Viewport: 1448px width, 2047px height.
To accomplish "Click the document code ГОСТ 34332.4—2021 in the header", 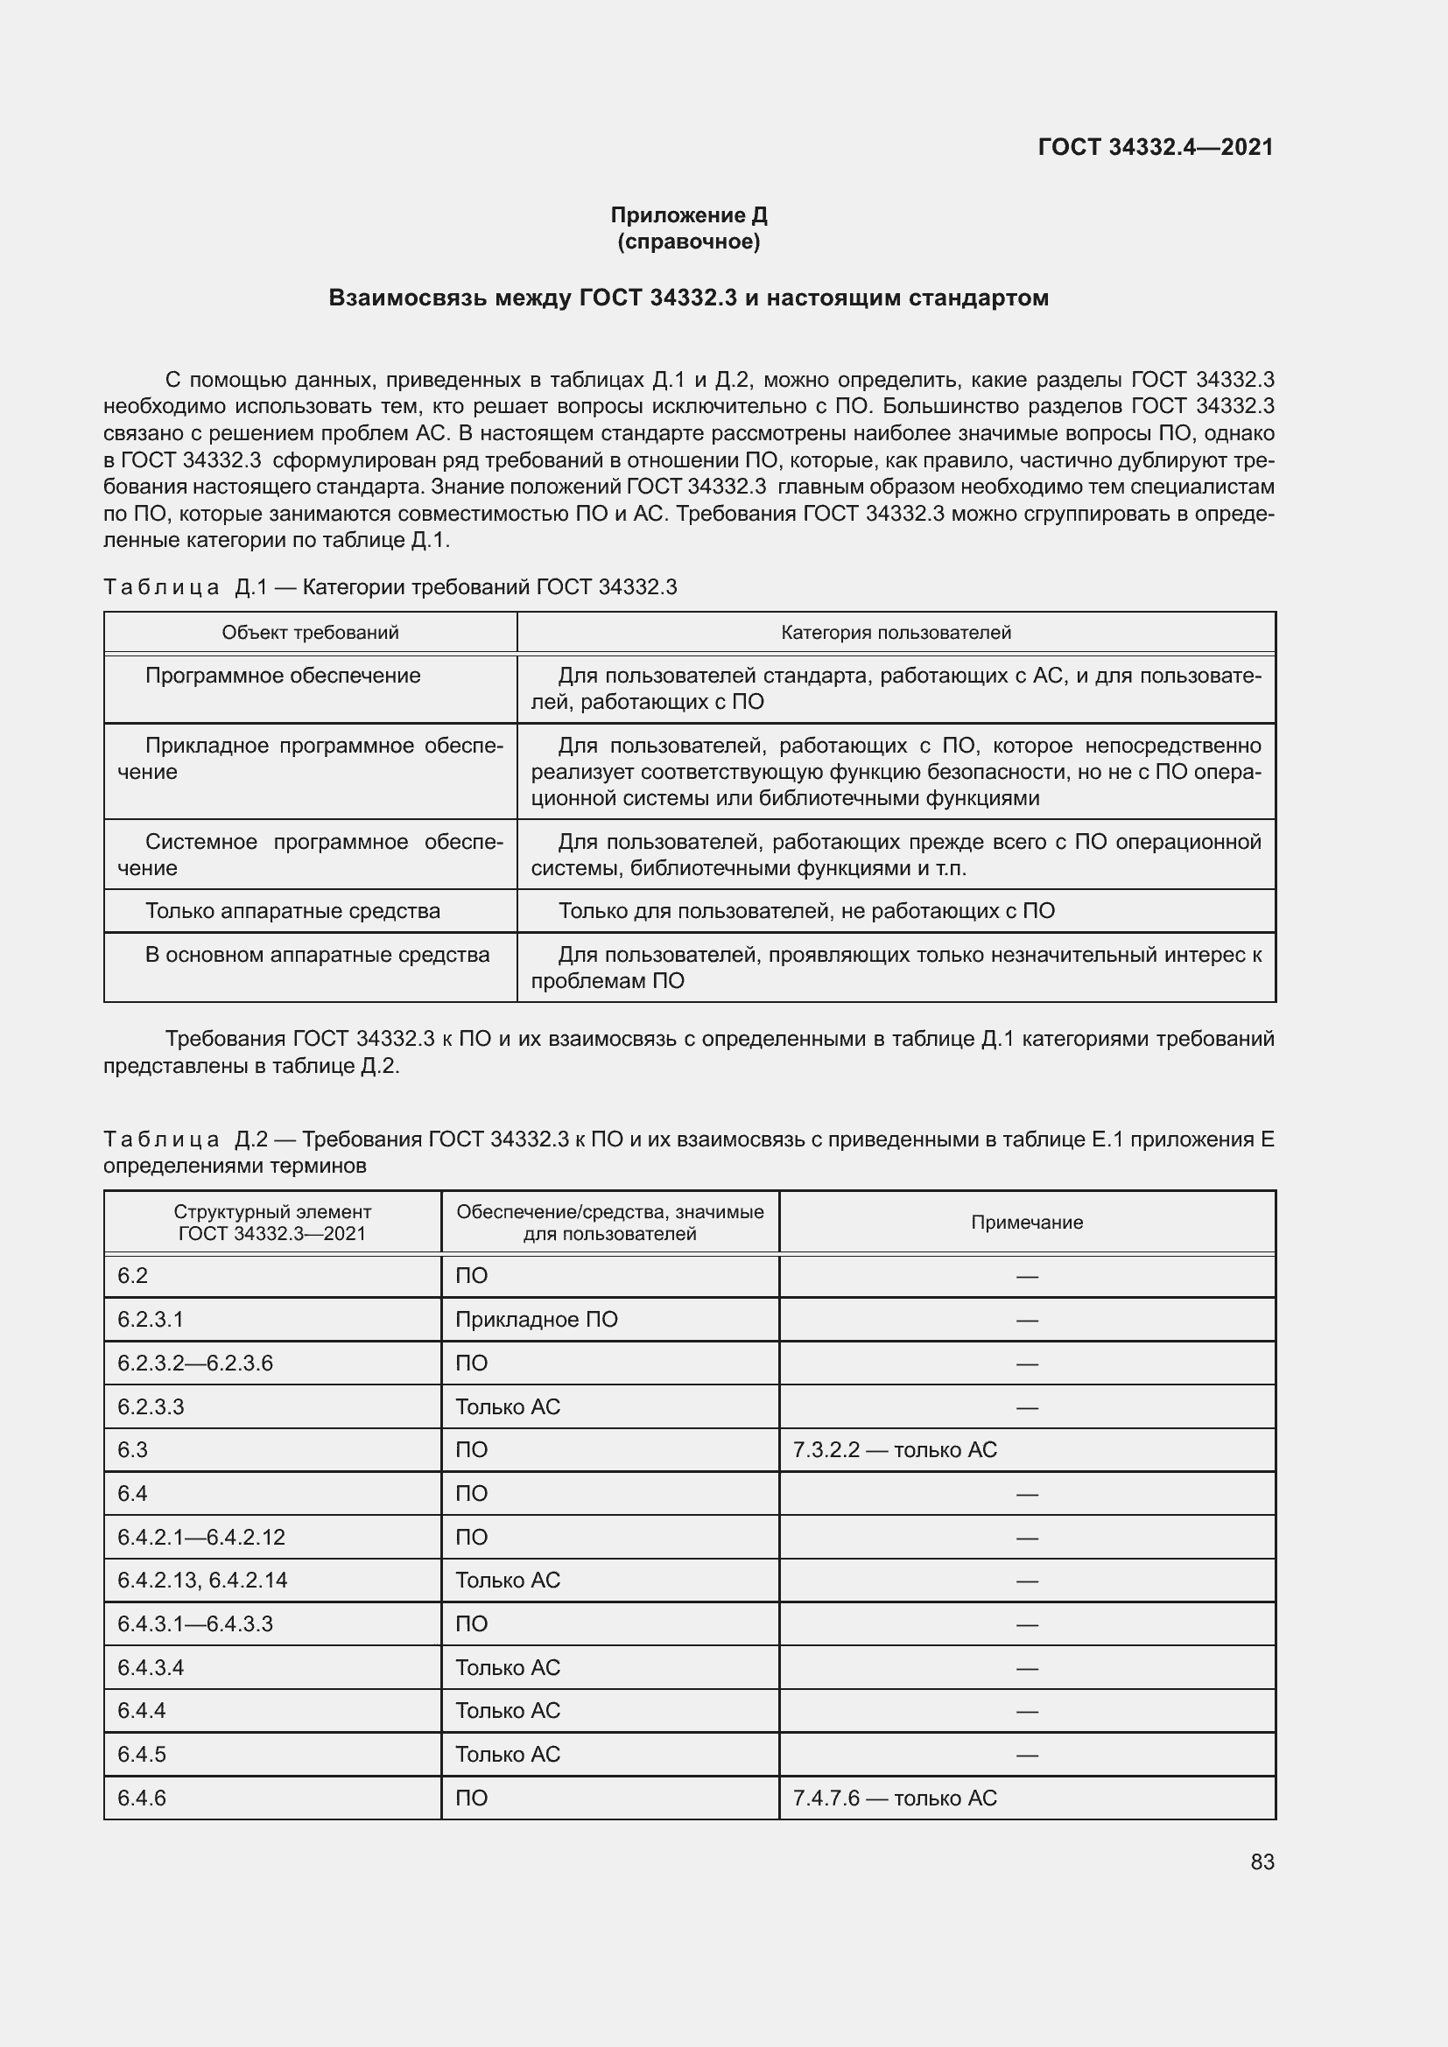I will tap(1156, 147).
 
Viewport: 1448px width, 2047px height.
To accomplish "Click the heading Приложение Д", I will tap(688, 215).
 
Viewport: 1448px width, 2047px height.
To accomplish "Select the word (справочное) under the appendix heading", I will tap(688, 242).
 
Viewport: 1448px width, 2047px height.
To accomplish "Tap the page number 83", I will tap(1262, 1861).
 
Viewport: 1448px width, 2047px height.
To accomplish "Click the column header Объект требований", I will tap(310, 632).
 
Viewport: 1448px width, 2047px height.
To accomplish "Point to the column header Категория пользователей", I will tap(896, 632).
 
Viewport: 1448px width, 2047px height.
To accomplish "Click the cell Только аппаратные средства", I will tap(292, 910).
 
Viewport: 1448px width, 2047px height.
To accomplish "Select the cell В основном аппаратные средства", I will tap(317, 954).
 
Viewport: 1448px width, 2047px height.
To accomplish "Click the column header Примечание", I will tap(1026, 1223).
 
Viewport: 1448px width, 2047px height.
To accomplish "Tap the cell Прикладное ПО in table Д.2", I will tap(536, 1320).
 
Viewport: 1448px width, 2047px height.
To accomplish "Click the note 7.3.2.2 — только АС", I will tap(895, 1449).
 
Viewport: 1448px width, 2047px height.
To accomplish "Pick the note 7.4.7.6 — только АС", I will tap(895, 1798).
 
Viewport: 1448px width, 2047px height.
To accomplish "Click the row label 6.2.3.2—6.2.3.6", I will tap(195, 1363).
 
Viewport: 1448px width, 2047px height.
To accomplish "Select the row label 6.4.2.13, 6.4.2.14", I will tap(202, 1580).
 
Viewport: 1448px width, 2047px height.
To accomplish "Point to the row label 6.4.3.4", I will tap(151, 1667).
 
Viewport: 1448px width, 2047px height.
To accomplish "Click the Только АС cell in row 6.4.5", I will tap(508, 1754).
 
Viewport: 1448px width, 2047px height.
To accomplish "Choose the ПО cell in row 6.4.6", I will tap(472, 1798).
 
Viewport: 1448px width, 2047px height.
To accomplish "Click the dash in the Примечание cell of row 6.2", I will tap(1026, 1276).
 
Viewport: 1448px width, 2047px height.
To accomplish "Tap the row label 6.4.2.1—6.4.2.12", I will tap(201, 1536).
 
